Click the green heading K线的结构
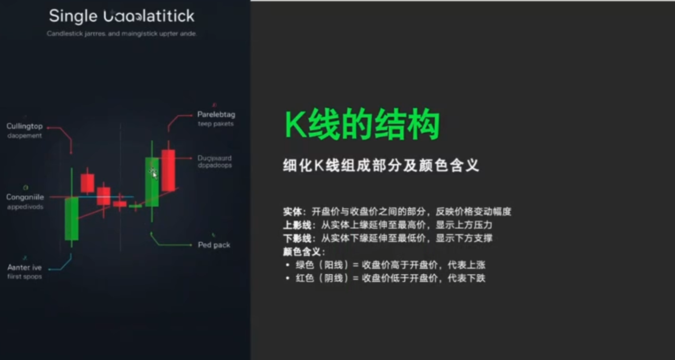362,126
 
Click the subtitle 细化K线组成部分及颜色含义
381,166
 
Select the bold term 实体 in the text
292,212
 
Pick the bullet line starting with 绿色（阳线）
390,265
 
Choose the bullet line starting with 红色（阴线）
390,278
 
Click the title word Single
73,16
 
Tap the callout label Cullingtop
25,127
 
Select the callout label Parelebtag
216,115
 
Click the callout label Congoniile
25,197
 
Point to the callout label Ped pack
214,245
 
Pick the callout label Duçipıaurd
215,158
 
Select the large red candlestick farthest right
168,170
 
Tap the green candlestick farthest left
72,218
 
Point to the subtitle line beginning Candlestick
121,34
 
